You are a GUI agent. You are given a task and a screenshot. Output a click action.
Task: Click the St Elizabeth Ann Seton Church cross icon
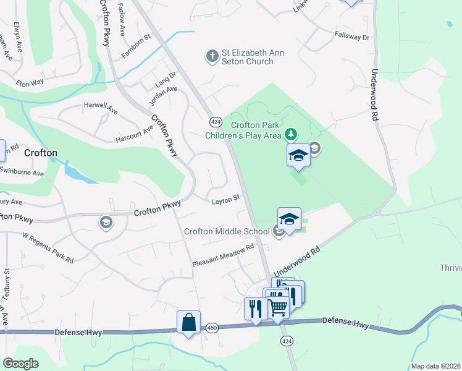[211, 57]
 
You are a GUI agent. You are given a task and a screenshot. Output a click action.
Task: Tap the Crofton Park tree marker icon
[290, 134]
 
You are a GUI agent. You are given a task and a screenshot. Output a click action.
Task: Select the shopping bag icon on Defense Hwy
[188, 323]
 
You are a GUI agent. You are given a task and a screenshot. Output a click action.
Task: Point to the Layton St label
[225, 200]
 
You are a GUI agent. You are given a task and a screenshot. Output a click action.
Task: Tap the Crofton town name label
[40, 153]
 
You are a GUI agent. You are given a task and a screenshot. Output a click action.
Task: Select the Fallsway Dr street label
[351, 37]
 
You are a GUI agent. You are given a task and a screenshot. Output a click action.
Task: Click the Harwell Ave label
[101, 109]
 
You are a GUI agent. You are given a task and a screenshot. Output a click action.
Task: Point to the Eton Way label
[30, 82]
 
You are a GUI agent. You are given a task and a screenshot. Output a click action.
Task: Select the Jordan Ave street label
[164, 96]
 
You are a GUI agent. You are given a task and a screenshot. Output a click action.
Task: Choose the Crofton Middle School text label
[227, 231]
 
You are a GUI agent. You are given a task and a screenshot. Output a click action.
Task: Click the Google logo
[20, 364]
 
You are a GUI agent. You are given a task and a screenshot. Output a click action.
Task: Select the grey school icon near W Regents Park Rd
[106, 222]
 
